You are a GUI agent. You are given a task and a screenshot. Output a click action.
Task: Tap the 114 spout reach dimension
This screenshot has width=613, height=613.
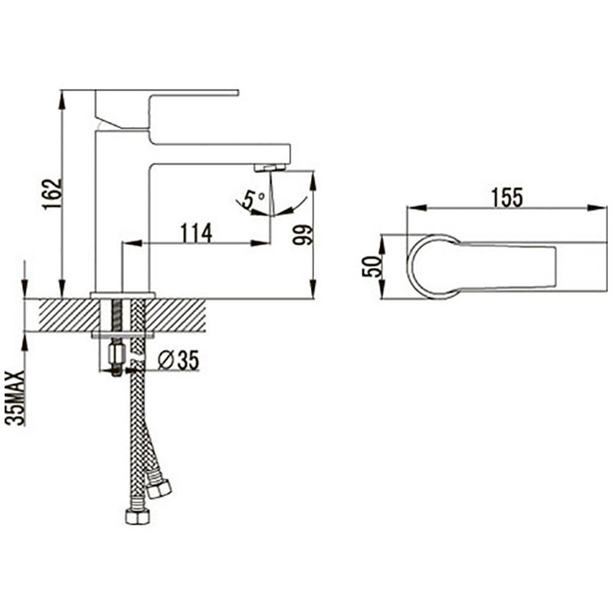pyautogui.click(x=196, y=233)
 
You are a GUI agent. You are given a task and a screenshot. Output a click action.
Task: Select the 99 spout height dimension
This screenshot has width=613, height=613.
pyautogui.click(x=303, y=234)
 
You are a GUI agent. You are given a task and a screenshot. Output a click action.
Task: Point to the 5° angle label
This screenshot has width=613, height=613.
pyautogui.click(x=254, y=199)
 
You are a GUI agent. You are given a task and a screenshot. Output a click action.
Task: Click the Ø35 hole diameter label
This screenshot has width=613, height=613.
pyautogui.click(x=179, y=359)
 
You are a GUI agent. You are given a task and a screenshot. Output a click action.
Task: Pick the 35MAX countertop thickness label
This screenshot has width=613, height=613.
pyautogui.click(x=15, y=398)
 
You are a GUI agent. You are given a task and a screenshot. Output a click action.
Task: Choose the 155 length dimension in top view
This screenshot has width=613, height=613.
pyautogui.click(x=506, y=198)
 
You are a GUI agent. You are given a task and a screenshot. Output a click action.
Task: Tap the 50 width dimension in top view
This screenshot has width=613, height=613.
pyautogui.click(x=372, y=267)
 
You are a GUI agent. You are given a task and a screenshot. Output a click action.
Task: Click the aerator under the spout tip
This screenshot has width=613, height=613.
pyautogui.click(x=270, y=168)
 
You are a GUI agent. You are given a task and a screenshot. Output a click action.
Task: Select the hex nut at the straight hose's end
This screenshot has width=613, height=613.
pyautogui.click(x=138, y=516)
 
